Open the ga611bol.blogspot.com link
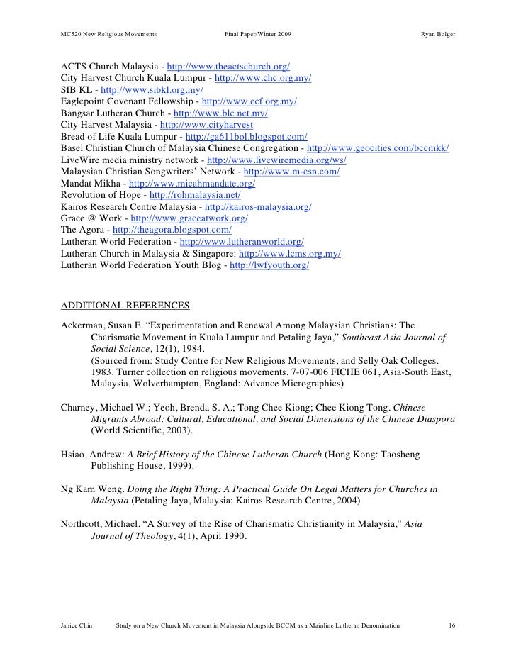click(x=245, y=135)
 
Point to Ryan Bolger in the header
click(x=438, y=35)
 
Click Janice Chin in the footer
click(x=77, y=626)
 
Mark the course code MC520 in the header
click(x=72, y=35)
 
